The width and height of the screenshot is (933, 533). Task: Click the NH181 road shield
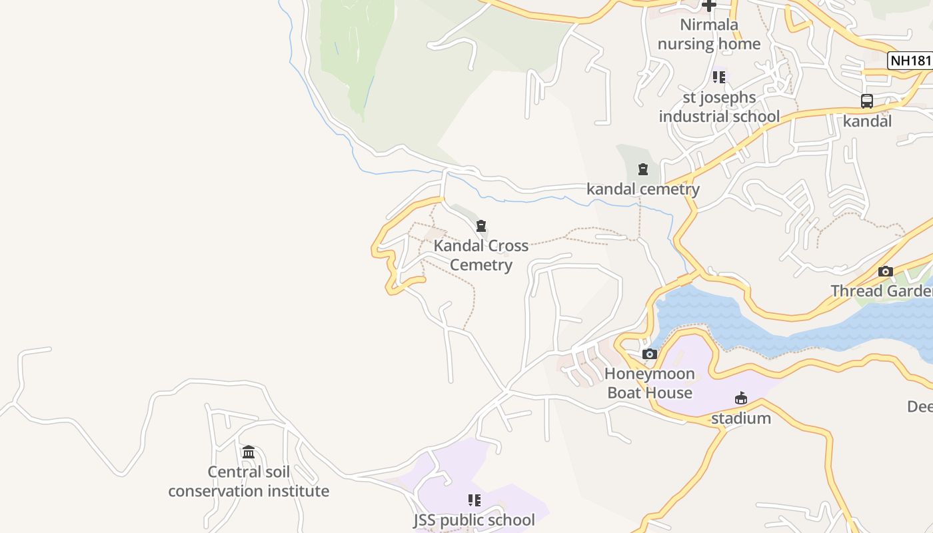click(x=911, y=61)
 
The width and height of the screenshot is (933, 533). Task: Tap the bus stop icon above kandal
click(x=866, y=101)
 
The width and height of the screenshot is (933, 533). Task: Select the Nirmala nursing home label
click(x=709, y=35)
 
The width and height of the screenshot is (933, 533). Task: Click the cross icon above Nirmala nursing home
click(x=709, y=5)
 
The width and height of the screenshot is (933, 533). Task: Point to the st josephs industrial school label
click(x=719, y=107)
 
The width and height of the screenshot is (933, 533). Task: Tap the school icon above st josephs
click(x=718, y=77)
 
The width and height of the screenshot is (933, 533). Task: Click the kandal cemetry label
click(x=643, y=189)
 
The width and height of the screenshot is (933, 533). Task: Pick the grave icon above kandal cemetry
click(x=643, y=169)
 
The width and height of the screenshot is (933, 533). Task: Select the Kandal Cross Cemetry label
click(x=481, y=255)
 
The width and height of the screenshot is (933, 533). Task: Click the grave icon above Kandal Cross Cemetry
click(x=481, y=226)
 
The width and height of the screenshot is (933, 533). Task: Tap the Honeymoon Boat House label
click(x=650, y=383)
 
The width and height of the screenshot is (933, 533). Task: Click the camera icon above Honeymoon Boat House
click(x=650, y=354)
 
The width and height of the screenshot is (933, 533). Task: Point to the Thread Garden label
click(x=881, y=291)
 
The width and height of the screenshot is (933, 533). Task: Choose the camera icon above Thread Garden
click(x=886, y=271)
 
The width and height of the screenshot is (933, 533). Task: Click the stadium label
click(x=741, y=418)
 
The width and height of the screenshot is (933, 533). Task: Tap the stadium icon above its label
click(x=740, y=398)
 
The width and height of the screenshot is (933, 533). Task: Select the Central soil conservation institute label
click(x=249, y=482)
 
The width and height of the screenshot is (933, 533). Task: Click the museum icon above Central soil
click(x=249, y=452)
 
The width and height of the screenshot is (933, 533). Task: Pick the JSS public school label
click(x=474, y=520)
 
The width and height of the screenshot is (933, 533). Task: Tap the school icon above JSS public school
click(x=474, y=500)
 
